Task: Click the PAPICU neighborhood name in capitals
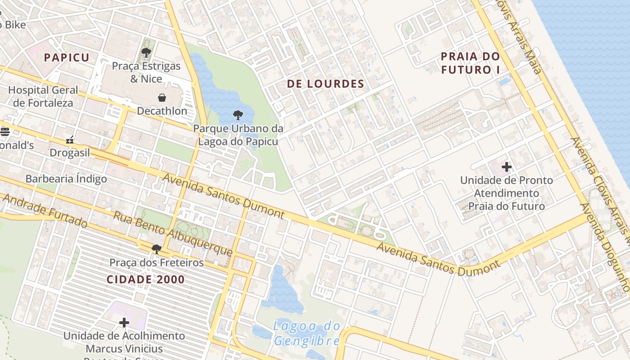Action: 67,58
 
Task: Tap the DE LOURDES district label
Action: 325,84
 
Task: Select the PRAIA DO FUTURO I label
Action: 470,63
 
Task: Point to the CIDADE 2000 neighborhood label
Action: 145,279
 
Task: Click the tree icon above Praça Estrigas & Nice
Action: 146,53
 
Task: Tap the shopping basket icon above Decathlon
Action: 162,98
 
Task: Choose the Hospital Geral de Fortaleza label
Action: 43,96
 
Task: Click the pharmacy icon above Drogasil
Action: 70,140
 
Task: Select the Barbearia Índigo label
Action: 66,179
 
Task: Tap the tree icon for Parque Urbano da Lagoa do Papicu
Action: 238,115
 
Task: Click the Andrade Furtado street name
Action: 45,211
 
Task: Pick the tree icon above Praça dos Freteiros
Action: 156,249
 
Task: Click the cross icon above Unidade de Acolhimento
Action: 124,323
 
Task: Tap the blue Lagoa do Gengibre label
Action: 306,333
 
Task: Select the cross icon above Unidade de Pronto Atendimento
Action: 506,167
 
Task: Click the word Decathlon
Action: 162,111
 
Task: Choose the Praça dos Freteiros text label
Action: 157,262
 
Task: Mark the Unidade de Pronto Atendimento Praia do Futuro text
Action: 507,193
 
